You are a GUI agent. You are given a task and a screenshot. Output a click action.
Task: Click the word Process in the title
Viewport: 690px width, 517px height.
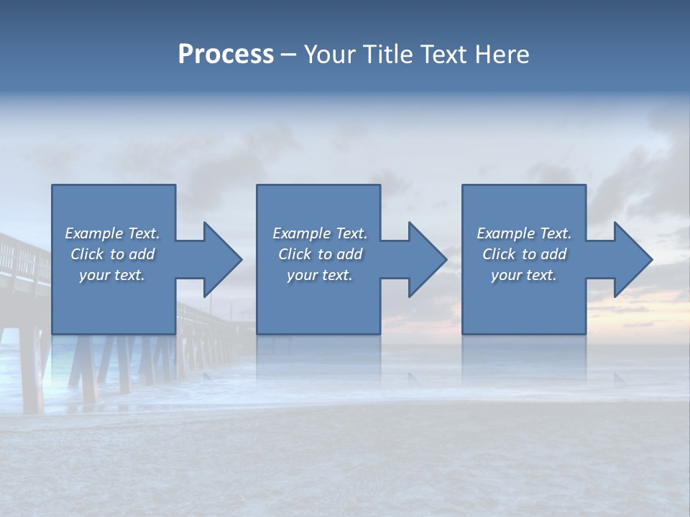[226, 55]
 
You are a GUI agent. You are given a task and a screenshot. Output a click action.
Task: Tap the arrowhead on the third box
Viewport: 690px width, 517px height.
[632, 259]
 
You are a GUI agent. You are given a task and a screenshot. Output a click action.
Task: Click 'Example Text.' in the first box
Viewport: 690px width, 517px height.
[112, 233]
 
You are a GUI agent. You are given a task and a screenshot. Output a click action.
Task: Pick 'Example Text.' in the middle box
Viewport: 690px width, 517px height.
[320, 233]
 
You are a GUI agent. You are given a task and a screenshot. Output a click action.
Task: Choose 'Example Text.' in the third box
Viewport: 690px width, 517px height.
[524, 233]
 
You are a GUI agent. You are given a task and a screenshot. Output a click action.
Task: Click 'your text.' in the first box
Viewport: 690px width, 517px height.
[112, 275]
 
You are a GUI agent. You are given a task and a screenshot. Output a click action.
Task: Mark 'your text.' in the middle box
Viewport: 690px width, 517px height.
[320, 275]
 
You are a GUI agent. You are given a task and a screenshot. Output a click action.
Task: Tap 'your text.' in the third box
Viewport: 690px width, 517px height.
[524, 275]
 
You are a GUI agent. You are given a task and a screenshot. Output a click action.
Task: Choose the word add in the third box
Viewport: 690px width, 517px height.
[553, 254]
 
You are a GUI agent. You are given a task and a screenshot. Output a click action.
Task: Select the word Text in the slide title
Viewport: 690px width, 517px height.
[444, 55]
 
